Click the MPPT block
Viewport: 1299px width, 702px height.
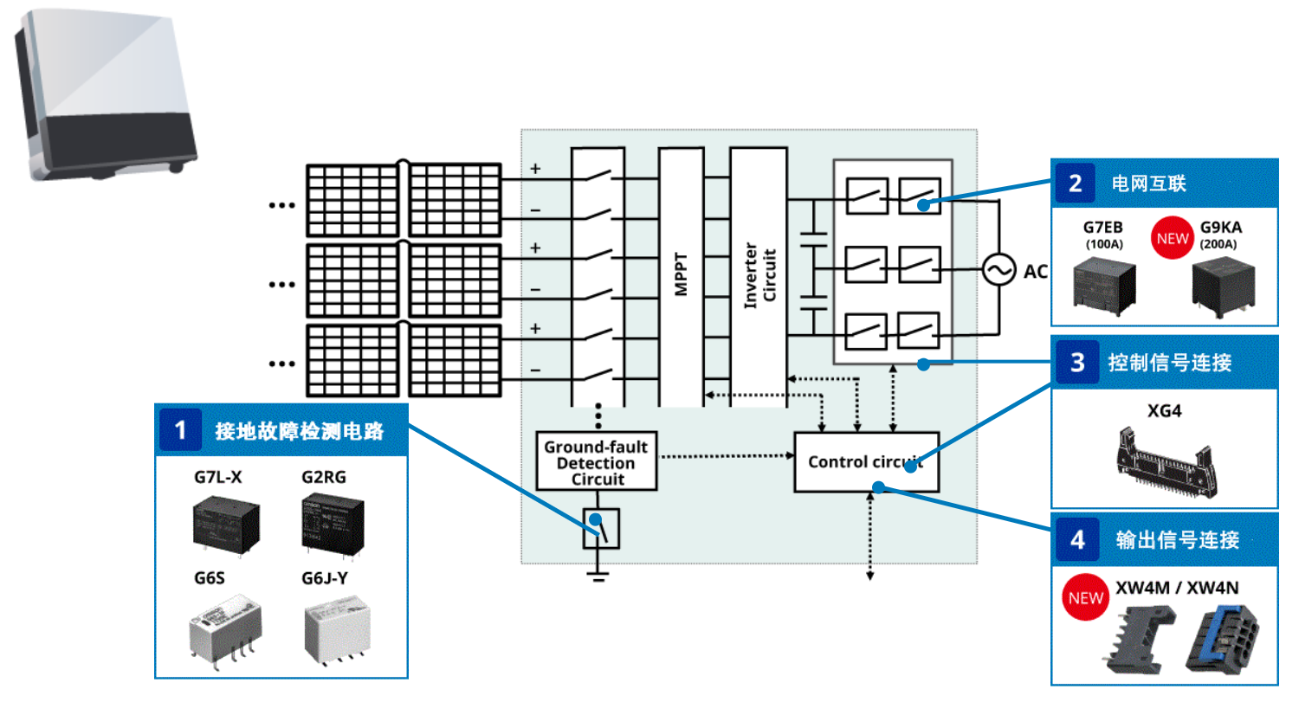[x=681, y=277]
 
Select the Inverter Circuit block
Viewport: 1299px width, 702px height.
[x=759, y=277]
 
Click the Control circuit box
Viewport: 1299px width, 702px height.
[x=865, y=462]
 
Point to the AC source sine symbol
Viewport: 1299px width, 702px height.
[x=998, y=271]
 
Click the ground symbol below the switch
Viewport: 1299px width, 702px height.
[x=598, y=575]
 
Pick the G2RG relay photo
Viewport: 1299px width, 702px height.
[x=328, y=523]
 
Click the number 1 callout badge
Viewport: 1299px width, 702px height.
[x=180, y=430]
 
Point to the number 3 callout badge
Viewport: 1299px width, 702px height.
[x=1077, y=362]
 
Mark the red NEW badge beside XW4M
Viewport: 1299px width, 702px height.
[x=1086, y=598]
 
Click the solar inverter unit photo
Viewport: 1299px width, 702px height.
[x=104, y=95]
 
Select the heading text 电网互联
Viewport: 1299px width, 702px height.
[x=1149, y=184]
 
